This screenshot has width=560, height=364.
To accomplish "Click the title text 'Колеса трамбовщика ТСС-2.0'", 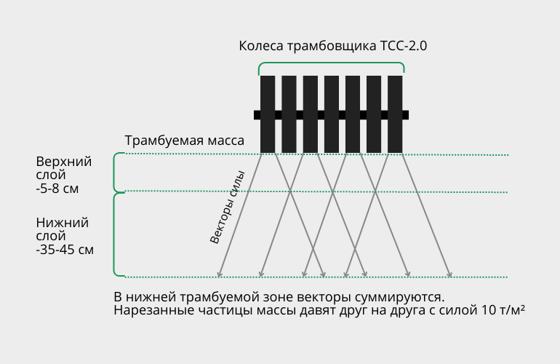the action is click(x=333, y=46).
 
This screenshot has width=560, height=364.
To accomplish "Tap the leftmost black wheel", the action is click(x=268, y=114).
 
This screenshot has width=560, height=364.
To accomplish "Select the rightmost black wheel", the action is click(x=395, y=114).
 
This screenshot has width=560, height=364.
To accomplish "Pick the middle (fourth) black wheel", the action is click(x=332, y=114).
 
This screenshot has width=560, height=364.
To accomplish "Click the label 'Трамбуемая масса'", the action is click(x=184, y=141).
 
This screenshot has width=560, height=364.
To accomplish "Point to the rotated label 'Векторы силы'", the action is click(x=227, y=207).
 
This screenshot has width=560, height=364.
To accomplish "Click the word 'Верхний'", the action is click(x=64, y=162).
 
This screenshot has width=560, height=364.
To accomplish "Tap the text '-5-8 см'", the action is click(x=57, y=189).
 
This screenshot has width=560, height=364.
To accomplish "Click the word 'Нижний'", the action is click(x=62, y=223).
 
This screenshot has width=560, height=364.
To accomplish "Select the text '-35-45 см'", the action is click(x=65, y=250).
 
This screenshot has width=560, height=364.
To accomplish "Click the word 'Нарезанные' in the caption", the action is click(x=148, y=310).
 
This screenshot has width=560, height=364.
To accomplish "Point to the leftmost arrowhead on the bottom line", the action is click(x=220, y=274).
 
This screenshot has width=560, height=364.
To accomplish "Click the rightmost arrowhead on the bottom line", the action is click(x=450, y=274).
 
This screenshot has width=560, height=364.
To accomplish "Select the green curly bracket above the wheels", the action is click(x=332, y=63).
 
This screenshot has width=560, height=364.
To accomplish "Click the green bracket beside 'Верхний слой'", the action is click(x=114, y=173).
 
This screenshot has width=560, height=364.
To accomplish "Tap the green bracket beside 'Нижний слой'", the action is click(x=114, y=234).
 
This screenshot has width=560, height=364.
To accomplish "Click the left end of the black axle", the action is click(x=255, y=115).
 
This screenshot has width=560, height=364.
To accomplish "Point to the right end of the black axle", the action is click(x=408, y=115).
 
